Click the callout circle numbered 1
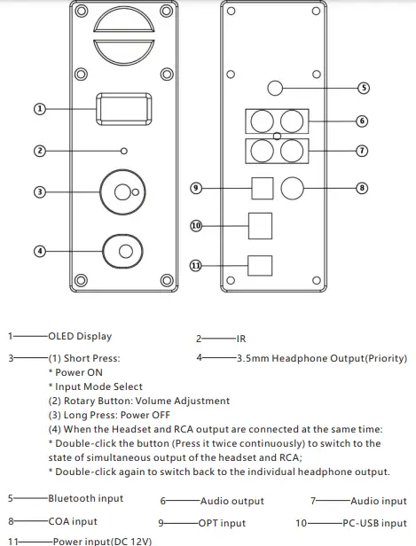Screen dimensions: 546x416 coord(39,108)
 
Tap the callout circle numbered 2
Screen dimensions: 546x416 coord(39,151)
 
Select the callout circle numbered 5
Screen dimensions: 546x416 coord(362,88)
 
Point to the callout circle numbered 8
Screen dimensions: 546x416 coord(362,188)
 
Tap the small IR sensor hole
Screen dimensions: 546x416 coord(125,151)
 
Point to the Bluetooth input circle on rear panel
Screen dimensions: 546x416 coord(275,88)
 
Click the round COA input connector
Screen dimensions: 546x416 coord(294,188)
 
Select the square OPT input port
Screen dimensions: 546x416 coord(262,188)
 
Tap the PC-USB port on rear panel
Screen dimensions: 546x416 coord(260,226)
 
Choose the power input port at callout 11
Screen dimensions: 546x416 coord(260,265)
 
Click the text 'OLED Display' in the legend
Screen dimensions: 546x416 coord(80,337)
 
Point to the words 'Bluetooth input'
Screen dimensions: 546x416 coord(85,499)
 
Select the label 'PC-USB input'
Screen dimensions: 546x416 coord(373,523)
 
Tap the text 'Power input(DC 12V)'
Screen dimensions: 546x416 coord(101,540)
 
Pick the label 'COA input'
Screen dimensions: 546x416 coord(73,522)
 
